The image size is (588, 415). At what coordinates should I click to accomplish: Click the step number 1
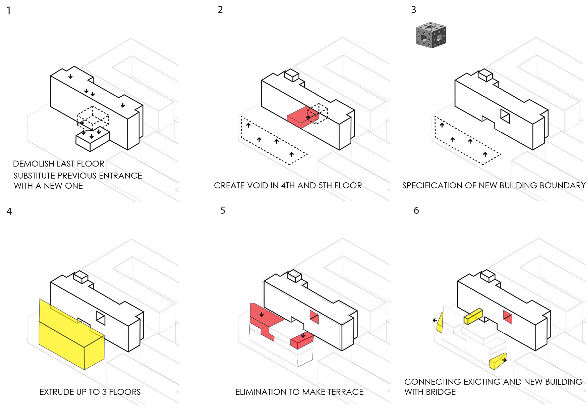tap(9, 10)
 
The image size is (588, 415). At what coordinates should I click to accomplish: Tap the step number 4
tap(9, 211)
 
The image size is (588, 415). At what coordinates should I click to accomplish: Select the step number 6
tap(416, 210)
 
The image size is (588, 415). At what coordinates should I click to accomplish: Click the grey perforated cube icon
tap(431, 35)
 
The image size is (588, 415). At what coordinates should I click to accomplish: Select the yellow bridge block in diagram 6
tap(473, 316)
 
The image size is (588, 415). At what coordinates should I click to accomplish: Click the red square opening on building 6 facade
tap(508, 317)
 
